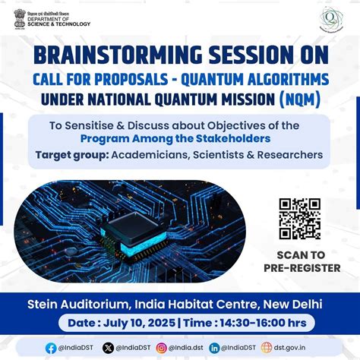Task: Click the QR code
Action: click(299, 219)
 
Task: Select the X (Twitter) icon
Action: click(109, 347)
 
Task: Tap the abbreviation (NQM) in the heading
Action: click(302, 99)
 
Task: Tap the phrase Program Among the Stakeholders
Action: click(182, 139)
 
